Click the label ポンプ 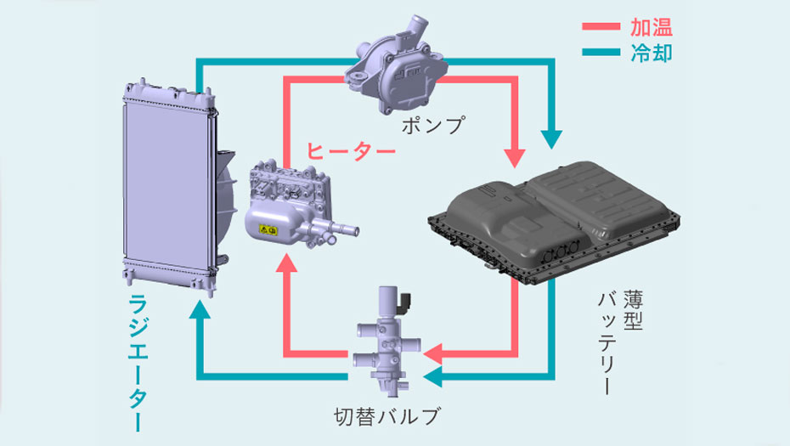click(x=435, y=126)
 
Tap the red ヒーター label click(x=350, y=152)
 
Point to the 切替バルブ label click(x=388, y=417)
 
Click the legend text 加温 click(x=652, y=26)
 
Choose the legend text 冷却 click(x=652, y=54)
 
